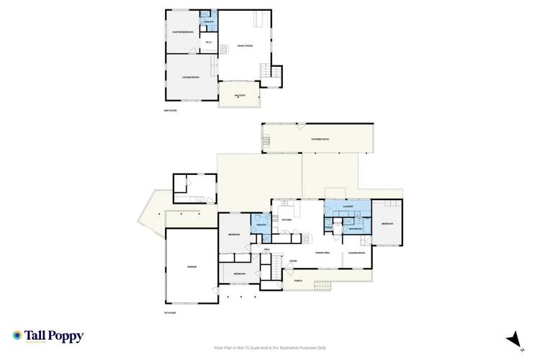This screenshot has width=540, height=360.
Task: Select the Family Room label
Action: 245,45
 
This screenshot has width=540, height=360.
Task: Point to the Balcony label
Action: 240,95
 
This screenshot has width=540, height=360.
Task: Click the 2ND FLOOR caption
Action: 170,110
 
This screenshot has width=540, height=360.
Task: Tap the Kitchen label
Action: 286,219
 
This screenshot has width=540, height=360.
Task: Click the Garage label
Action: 192,267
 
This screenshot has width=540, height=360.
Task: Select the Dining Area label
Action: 322,252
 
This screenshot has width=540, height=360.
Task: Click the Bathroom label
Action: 356,228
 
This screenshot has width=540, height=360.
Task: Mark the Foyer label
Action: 294,261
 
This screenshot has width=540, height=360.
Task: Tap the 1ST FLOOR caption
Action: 170,314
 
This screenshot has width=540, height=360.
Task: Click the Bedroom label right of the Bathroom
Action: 387,224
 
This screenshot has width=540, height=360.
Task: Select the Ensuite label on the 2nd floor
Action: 209,22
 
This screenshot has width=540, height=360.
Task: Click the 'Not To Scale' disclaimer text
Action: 270,348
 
